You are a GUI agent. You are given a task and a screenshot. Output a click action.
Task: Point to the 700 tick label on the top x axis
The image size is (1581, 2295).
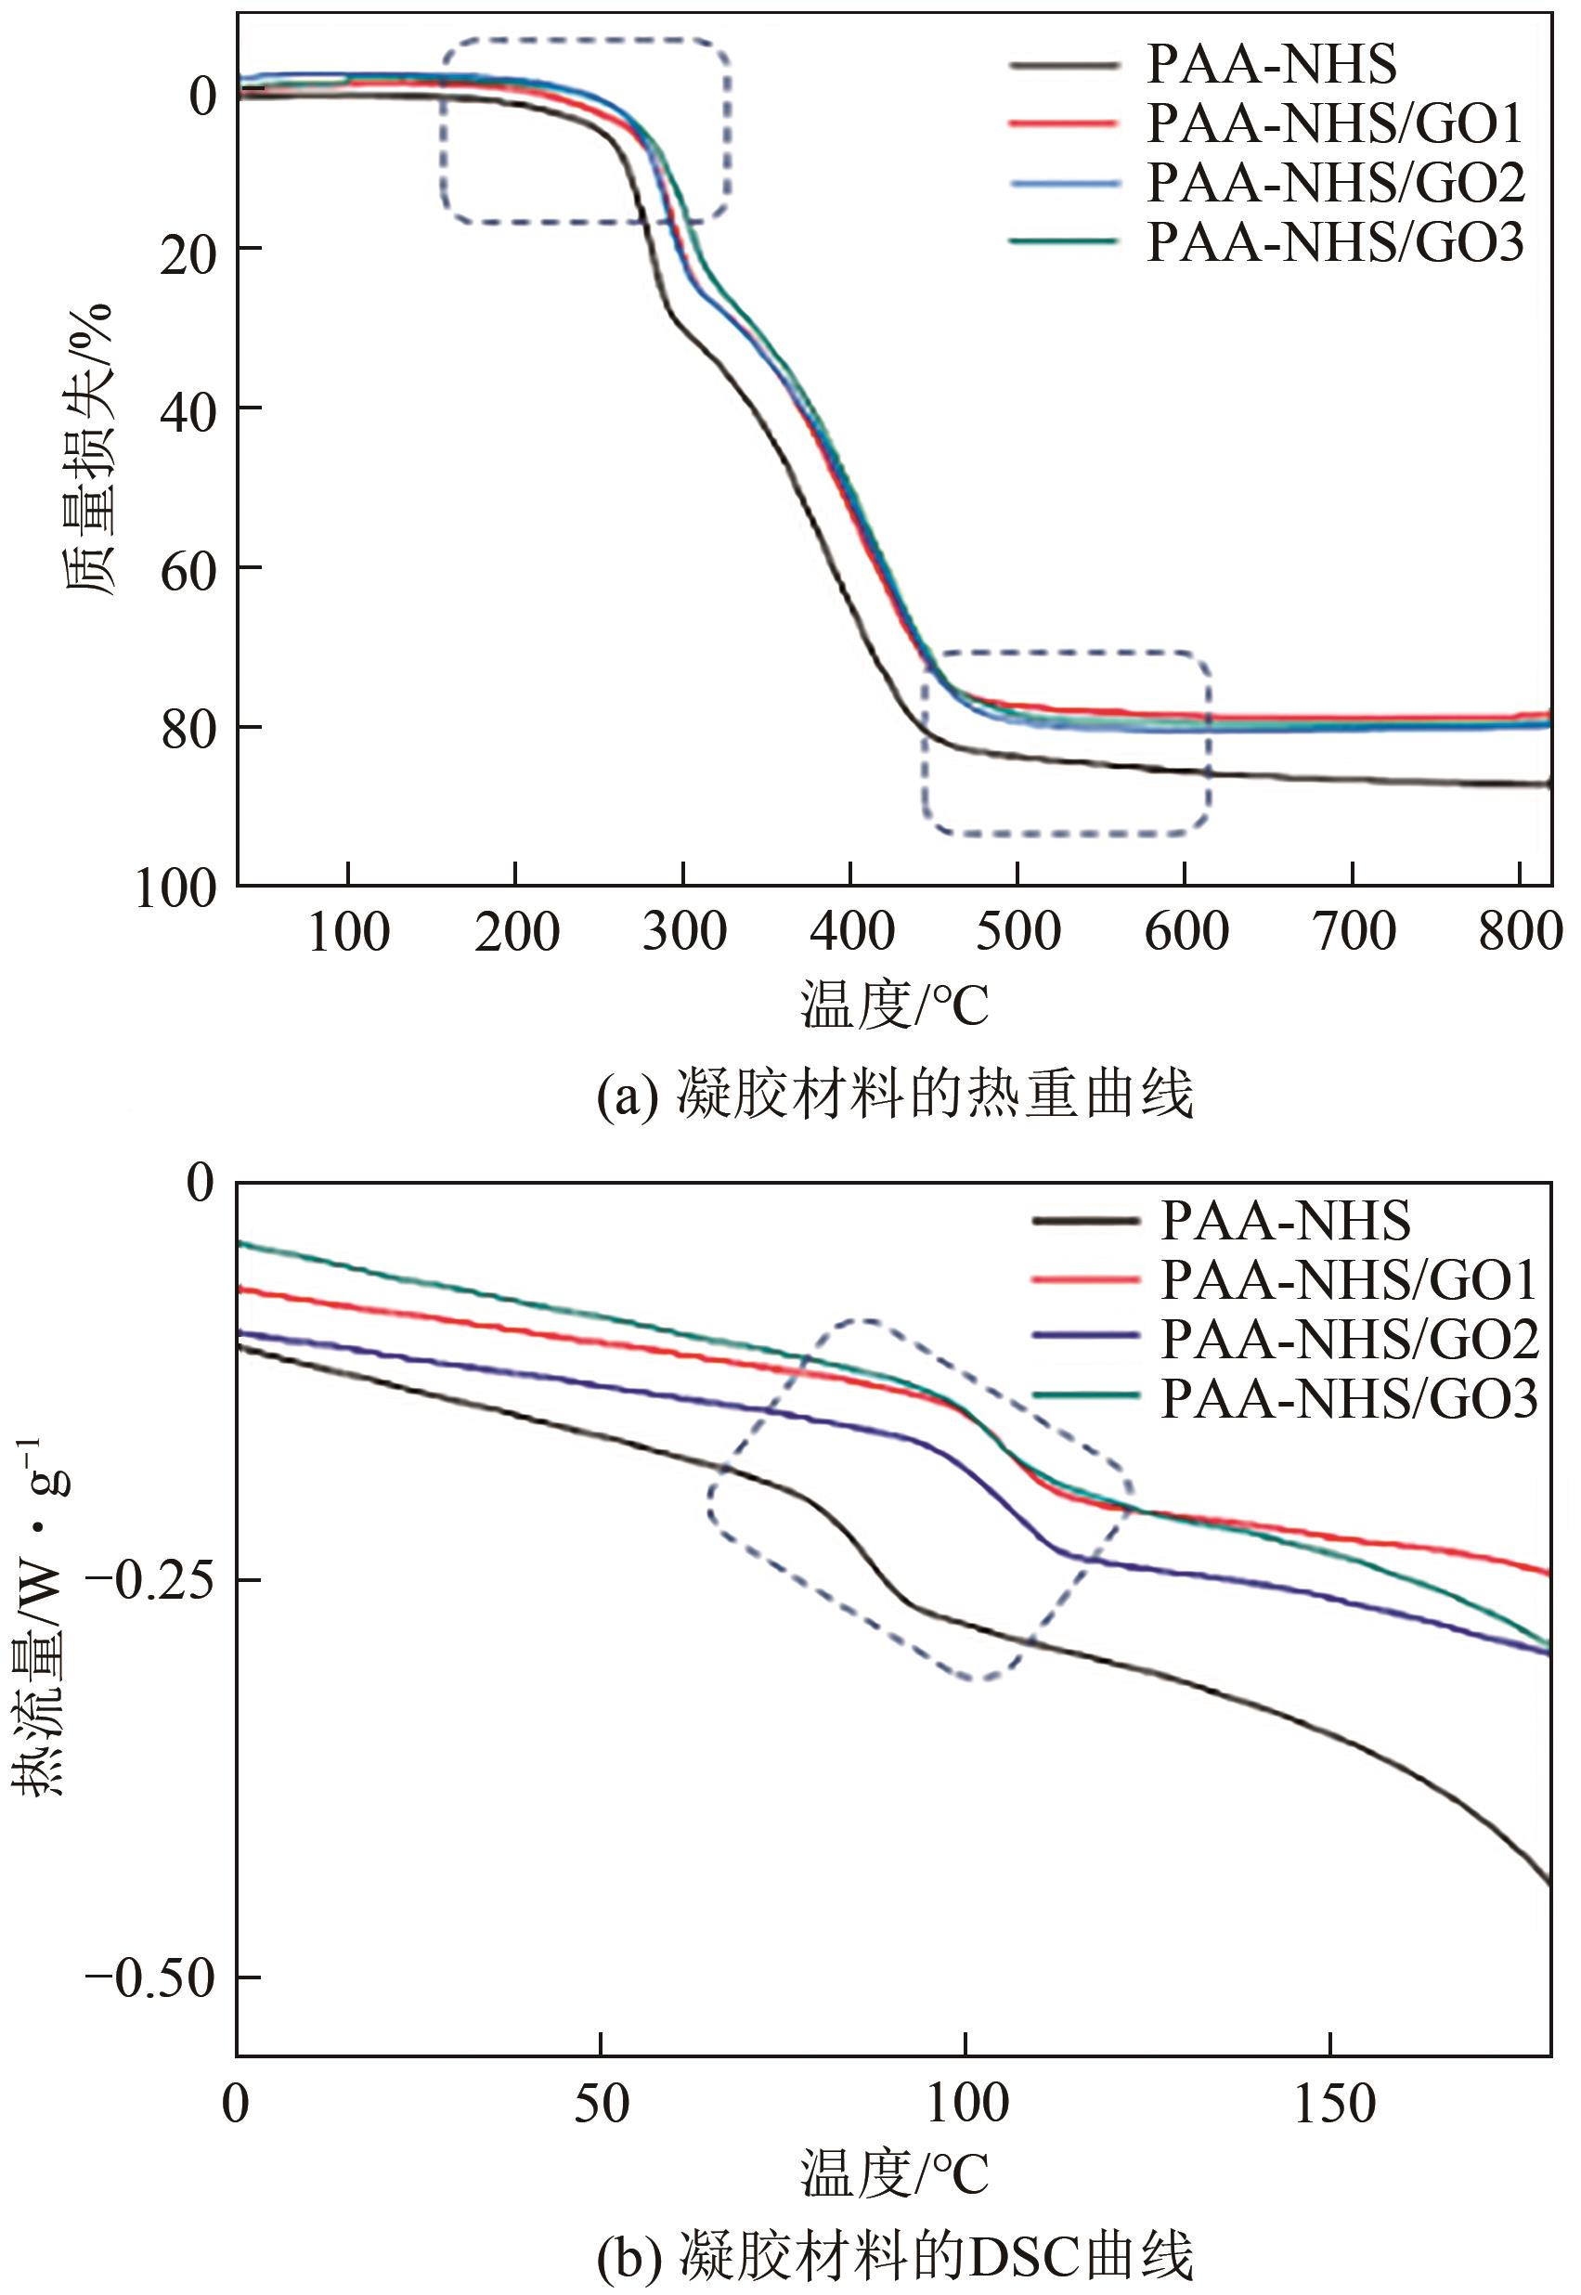pos(1354,932)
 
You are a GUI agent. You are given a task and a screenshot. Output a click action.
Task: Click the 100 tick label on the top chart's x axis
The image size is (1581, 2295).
pos(349,932)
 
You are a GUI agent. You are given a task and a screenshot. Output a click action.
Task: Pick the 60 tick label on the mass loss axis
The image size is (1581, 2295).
pos(188,572)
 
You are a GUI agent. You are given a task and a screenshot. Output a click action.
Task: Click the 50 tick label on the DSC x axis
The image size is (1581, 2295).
pos(602,2105)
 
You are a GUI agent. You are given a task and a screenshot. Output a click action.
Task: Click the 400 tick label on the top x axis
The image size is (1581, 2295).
pos(851,932)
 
